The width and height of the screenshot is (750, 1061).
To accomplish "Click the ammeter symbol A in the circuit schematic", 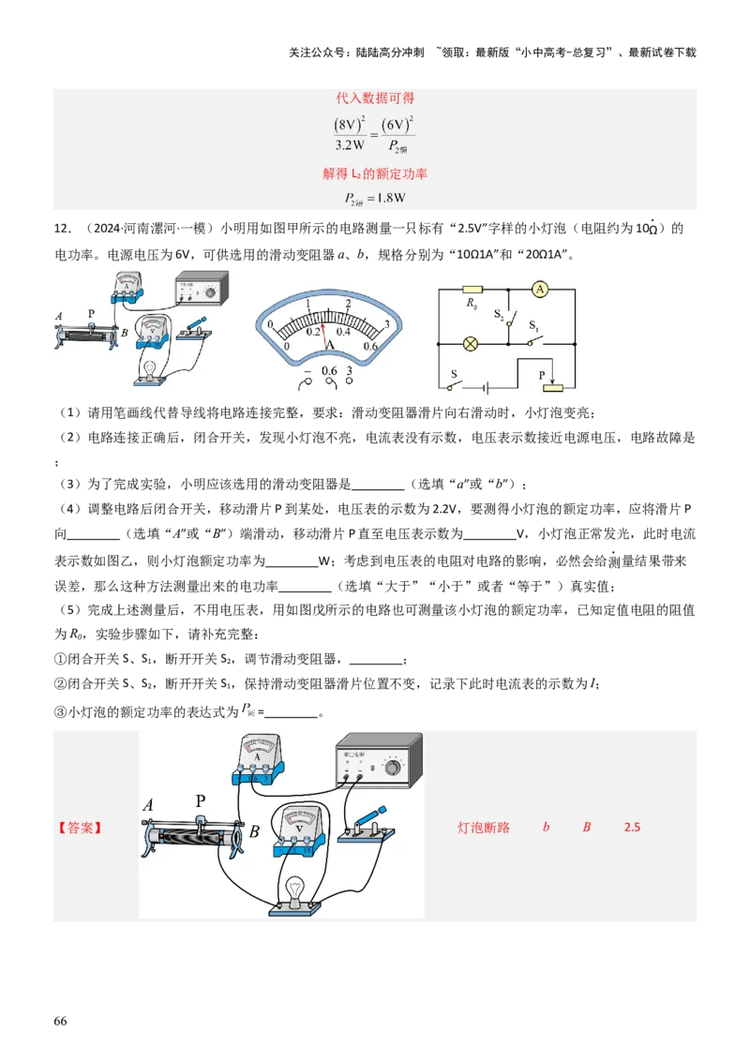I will pos(539,289).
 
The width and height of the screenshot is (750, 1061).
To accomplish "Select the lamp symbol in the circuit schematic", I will pos(472,343).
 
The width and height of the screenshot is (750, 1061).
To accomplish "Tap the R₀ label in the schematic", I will pos(472,305).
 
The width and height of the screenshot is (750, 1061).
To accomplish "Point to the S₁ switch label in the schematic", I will pos(534,327).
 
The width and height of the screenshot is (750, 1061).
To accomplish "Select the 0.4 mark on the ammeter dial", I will pos(343,332).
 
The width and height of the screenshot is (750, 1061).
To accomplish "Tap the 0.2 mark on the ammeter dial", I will pos(313,332).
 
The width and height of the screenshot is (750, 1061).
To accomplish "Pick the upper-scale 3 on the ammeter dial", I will pos(386,324).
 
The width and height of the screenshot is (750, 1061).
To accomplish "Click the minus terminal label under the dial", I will pos(305,371).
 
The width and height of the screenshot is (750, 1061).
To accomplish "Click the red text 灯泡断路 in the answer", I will pos(483,829).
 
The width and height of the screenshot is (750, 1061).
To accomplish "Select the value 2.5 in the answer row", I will pos(632,829).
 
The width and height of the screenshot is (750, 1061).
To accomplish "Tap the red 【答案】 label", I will pos(80,829).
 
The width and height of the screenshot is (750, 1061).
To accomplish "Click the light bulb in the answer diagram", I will pos(297,889).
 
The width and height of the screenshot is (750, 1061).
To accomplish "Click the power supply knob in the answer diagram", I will pos(391,768).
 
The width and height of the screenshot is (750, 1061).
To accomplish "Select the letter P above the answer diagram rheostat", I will pos(200,801).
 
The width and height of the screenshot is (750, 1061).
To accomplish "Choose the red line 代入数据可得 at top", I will pos(375,97).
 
